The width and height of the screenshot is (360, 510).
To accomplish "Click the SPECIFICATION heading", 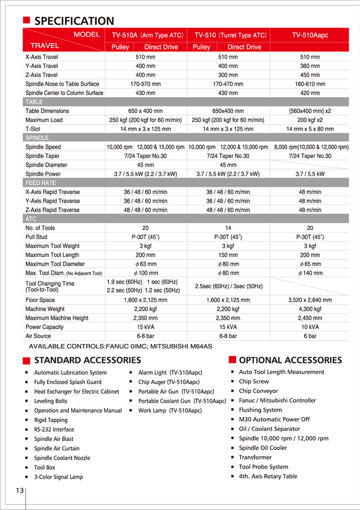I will [74, 21].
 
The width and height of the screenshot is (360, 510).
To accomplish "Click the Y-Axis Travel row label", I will [41, 66].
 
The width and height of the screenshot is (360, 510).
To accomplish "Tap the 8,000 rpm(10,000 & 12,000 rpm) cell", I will [311, 147].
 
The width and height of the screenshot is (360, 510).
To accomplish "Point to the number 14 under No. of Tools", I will [228, 228].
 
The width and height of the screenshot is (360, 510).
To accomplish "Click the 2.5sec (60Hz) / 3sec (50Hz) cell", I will [228, 286].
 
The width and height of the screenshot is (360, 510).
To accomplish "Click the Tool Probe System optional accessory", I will [263, 467].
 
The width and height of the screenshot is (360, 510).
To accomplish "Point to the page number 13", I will [19, 490].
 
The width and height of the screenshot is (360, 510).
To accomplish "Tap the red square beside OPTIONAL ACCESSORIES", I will [232, 359].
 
